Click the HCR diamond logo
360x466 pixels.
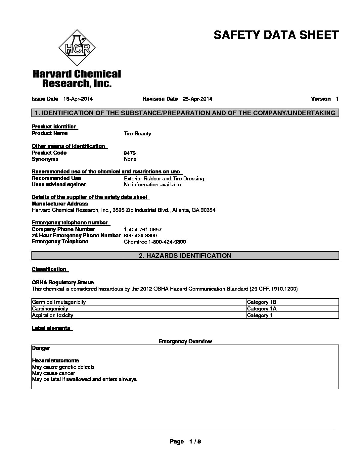(77, 48)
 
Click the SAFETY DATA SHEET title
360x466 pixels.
(276, 35)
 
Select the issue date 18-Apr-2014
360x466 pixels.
(78, 99)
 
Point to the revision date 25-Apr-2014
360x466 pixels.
(197, 99)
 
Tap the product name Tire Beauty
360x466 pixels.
(137, 134)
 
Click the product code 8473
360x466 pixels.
(130, 153)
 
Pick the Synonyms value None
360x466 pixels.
(130, 159)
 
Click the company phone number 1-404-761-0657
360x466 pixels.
(143, 229)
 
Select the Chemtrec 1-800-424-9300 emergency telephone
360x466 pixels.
(155, 242)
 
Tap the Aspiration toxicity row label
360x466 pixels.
(53, 315)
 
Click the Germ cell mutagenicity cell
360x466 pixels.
(59, 302)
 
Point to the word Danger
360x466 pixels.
(41, 348)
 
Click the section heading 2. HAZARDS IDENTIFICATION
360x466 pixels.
(185, 256)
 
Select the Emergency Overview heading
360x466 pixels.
(185, 341)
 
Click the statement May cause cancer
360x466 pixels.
(54, 373)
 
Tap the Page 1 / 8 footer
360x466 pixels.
(185, 442)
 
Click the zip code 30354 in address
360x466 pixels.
(208, 210)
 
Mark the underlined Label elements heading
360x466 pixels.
(51, 328)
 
